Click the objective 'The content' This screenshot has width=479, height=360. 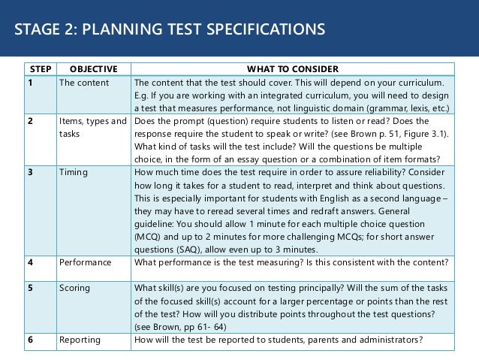click(x=83, y=83)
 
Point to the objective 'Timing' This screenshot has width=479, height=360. click(x=74, y=172)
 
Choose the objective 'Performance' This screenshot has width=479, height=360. click(x=85, y=262)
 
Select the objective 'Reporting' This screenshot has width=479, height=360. click(x=79, y=339)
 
